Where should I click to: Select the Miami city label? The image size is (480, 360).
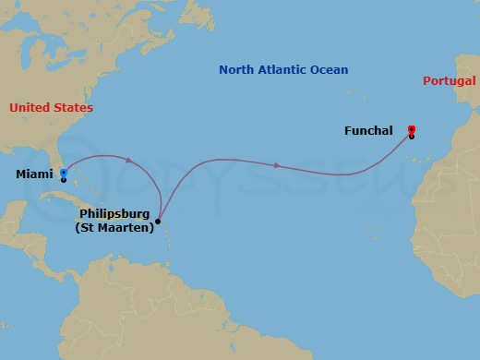coord(34,174)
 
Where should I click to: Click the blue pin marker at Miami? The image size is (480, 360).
coord(63,173)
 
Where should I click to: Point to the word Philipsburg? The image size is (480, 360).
coord(114,215)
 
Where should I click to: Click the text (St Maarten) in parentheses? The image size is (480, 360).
coord(114,228)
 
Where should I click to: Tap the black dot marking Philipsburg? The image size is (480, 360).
coord(158,222)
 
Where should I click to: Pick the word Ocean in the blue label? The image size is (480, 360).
coord(330,70)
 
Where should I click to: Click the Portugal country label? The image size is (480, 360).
coord(450,81)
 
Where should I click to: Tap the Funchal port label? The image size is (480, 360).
coord(368,131)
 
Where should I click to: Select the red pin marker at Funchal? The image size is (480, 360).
coord(411,130)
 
